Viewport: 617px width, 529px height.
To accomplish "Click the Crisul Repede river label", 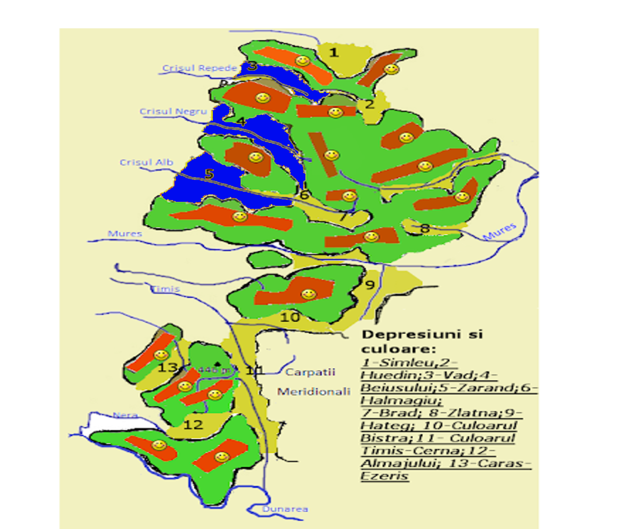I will click(x=199, y=68).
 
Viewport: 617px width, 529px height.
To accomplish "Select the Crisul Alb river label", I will click(x=147, y=162).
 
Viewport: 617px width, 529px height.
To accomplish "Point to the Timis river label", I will click(x=166, y=289).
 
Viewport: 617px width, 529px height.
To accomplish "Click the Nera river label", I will click(x=125, y=415).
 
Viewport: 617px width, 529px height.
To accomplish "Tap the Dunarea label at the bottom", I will click(x=285, y=509).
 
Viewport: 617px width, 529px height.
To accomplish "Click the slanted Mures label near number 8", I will click(x=499, y=232).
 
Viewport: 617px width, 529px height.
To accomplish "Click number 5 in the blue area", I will click(x=209, y=174).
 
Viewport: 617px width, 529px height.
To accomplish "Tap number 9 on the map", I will click(x=370, y=285).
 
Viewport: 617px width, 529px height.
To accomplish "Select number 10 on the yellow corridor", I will click(x=289, y=317).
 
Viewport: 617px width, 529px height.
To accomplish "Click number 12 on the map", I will click(x=193, y=425).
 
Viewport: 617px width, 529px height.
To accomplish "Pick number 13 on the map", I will click(x=168, y=368).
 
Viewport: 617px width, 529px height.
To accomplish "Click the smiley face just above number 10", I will click(x=308, y=294).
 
